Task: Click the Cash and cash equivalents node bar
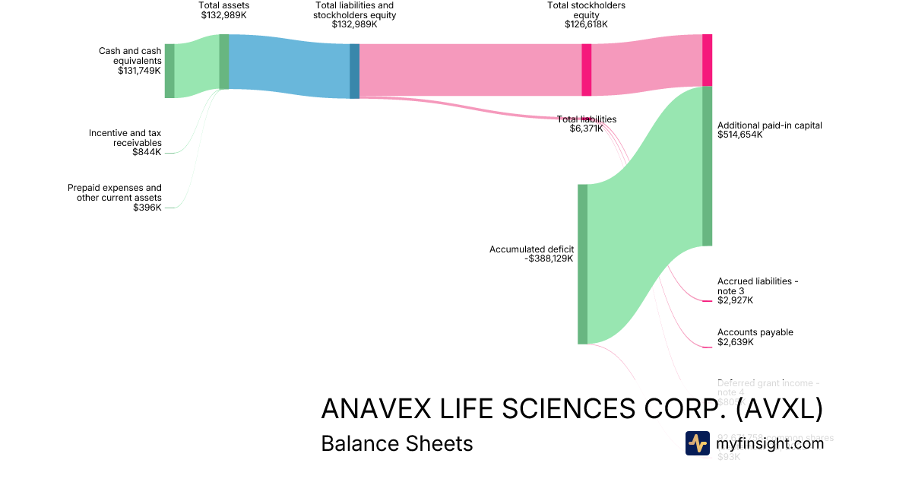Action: click(169, 71)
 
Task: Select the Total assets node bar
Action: click(224, 62)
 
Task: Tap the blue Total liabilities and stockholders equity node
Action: click(354, 71)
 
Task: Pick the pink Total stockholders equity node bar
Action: click(586, 69)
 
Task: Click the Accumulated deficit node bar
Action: click(582, 264)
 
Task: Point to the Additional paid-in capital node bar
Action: click(707, 166)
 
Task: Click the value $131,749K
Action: click(140, 71)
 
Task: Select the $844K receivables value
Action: click(147, 152)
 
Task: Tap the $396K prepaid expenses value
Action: click(147, 208)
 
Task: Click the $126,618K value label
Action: click(586, 24)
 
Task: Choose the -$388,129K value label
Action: click(549, 259)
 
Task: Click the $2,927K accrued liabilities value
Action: click(735, 300)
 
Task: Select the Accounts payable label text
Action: click(755, 332)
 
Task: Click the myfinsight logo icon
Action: click(697, 443)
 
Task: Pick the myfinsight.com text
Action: click(770, 443)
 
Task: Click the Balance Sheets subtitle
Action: click(397, 443)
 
